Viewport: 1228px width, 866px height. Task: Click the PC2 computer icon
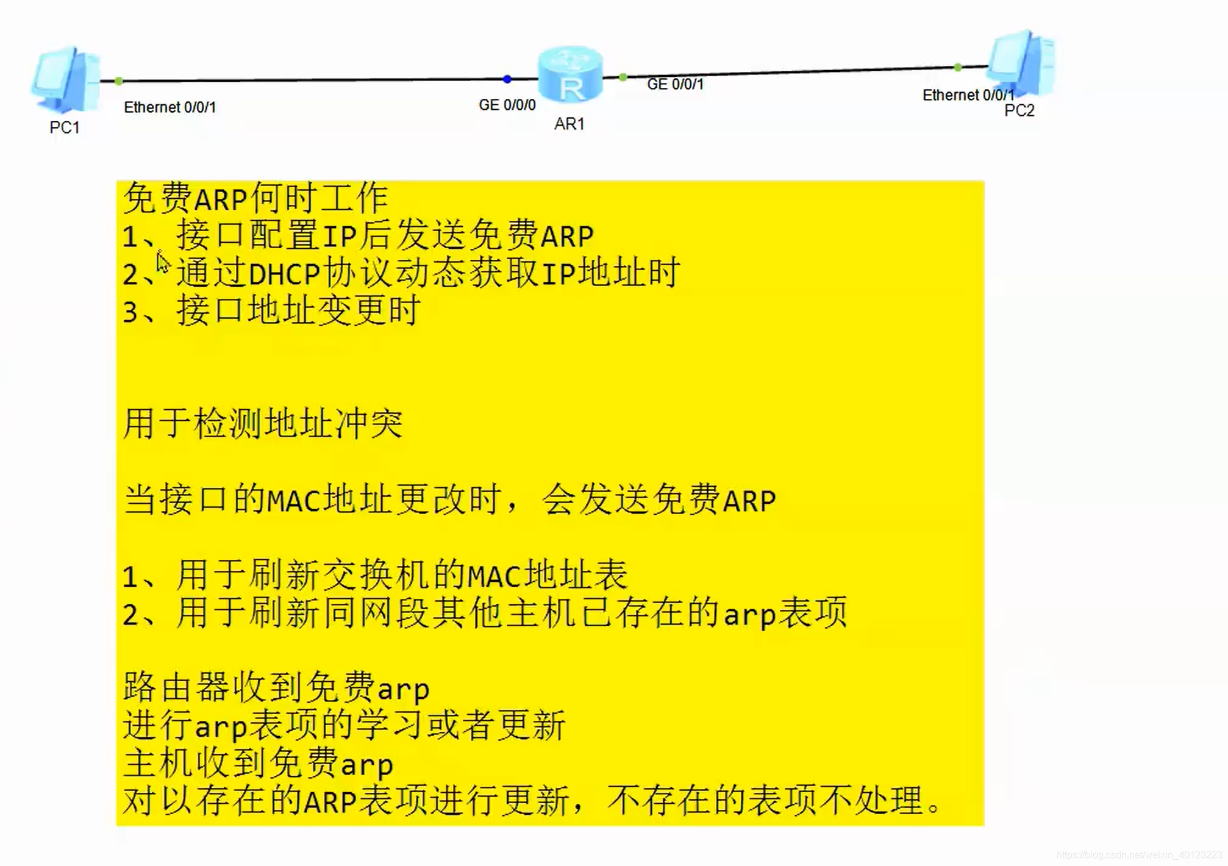[1021, 63]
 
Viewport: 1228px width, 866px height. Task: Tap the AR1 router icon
[570, 75]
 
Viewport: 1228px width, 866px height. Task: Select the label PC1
[65, 127]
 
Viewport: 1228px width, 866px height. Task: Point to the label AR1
[569, 124]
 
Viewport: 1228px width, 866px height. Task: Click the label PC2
[1019, 110]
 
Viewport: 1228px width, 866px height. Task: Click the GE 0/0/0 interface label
[507, 105]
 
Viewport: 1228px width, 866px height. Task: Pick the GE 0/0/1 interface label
[675, 84]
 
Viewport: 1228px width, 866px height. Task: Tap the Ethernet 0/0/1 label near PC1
[170, 107]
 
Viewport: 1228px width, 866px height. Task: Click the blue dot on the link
[507, 79]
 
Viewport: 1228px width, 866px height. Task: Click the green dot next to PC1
[119, 81]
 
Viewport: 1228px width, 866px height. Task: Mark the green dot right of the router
[623, 77]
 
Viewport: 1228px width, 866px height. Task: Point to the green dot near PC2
[958, 67]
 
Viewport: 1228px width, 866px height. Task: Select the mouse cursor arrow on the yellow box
[162, 263]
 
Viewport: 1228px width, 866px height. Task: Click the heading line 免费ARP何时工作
[255, 198]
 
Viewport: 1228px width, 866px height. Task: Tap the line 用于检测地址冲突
[263, 423]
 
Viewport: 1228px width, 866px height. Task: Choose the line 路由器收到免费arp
[276, 688]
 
